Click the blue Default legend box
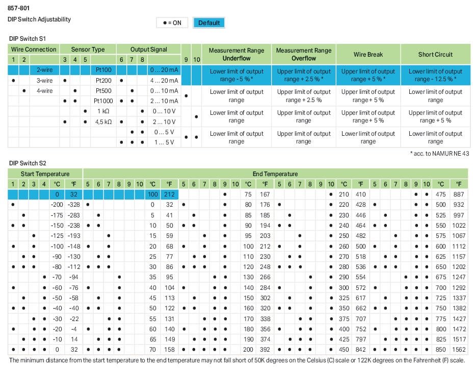(209, 23)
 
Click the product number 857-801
(19, 8)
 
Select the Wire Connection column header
(34, 50)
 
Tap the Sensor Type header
(88, 50)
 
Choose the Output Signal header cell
(148, 50)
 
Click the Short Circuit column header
(435, 55)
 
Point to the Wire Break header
(368, 55)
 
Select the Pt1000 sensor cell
(104, 101)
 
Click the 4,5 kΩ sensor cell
(103, 122)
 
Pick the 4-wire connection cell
(44, 91)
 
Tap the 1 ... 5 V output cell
(164, 142)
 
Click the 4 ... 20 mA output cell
(164, 81)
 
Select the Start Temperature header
(45, 174)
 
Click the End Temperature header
(275, 174)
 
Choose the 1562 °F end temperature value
(459, 350)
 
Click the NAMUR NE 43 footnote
(439, 154)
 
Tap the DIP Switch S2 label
(28, 163)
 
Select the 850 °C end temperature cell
(441, 350)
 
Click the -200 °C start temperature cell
(57, 205)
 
